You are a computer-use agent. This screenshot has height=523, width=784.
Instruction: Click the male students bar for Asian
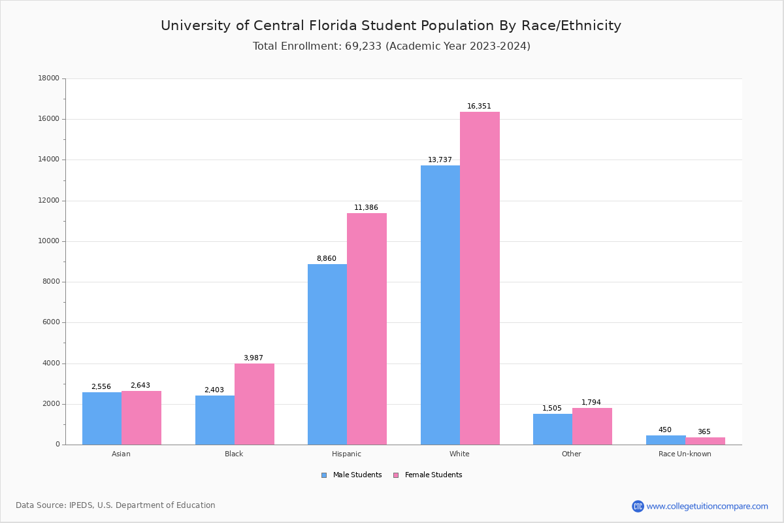coord(102,418)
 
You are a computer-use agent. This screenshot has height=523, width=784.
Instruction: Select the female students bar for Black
coord(254,404)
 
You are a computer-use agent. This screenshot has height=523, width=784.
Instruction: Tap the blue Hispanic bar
coord(327,354)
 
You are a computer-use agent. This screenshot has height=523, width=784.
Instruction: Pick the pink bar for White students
coord(480,278)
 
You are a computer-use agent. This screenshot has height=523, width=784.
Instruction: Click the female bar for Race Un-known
coord(705,441)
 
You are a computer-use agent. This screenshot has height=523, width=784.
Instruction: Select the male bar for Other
coord(553,429)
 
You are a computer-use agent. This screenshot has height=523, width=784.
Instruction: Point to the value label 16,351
coord(479,107)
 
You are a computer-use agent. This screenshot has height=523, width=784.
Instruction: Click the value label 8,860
coord(327,259)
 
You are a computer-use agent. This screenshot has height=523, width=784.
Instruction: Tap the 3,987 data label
coord(253,358)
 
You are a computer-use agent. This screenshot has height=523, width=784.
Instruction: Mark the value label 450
coord(665,430)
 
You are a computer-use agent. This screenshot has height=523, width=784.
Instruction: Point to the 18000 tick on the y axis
coord(49,78)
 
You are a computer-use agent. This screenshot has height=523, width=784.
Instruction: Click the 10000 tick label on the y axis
coord(49,241)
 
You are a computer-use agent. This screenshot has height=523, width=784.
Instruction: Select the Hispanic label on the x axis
coord(346,454)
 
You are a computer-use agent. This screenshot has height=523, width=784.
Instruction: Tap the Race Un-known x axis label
coord(685,454)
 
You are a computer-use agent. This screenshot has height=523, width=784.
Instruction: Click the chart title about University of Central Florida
coord(391,26)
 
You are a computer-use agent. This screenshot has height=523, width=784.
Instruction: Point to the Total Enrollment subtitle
coord(391,46)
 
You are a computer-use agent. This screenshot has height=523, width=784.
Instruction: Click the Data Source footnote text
coord(116,505)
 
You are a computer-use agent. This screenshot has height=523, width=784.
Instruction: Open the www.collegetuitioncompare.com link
coord(707,506)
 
